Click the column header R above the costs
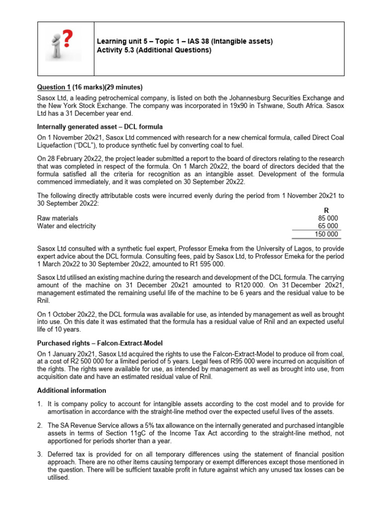tap(326, 210)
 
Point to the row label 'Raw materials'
tap(58, 218)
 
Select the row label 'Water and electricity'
tap(67, 226)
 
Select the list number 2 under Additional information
tap(40, 426)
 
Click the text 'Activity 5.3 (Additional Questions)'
tap(154, 50)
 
